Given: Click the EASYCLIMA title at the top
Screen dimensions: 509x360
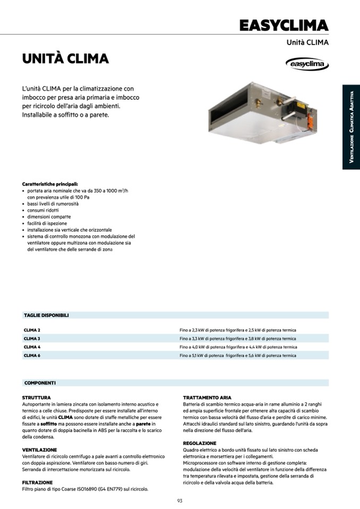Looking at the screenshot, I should tap(284, 25).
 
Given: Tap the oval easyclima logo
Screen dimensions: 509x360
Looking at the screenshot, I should tap(307, 64).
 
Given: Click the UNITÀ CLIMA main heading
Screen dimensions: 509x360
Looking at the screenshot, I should tap(65, 58).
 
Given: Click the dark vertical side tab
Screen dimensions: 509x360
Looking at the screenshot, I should tap(351, 127).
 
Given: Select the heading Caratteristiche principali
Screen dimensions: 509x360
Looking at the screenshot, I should tap(50, 184).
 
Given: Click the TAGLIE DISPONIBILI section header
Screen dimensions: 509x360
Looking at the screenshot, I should tap(46, 315).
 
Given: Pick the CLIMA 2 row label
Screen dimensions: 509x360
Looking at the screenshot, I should tap(32, 330).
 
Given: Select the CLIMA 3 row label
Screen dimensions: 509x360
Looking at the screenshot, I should tap(32, 339).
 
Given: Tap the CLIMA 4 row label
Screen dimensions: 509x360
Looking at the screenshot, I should tap(32, 347).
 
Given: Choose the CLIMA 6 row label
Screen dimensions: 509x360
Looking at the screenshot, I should tap(32, 356).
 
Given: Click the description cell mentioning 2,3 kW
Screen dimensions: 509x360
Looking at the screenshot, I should tap(238, 330).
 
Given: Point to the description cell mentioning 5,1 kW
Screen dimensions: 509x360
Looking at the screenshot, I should tap(238, 356).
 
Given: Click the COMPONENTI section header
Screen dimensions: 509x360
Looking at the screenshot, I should tap(40, 383).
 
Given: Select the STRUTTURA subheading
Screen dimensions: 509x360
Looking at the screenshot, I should tap(37, 398).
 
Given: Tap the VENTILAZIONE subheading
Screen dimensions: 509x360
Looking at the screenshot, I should tap(40, 450).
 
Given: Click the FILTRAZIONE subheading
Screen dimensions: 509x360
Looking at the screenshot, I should tap(37, 482).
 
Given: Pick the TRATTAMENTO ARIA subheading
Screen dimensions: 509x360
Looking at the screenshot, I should tap(207, 398).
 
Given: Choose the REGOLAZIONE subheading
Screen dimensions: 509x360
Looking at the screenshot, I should tap(200, 443).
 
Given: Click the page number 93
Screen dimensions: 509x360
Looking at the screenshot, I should tap(180, 501).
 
